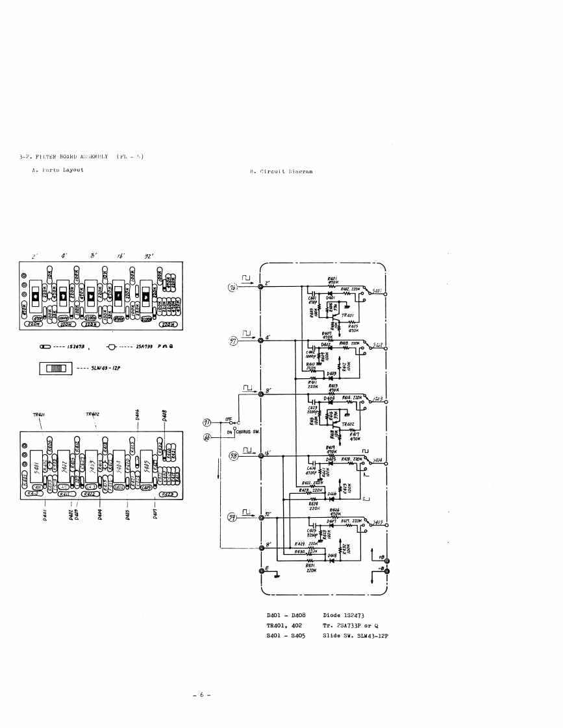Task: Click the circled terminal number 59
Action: click(232, 517)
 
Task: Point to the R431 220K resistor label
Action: click(310, 568)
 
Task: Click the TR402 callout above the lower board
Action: click(92, 414)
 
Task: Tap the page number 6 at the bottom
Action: click(201, 695)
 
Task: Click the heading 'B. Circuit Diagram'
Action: click(281, 172)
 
